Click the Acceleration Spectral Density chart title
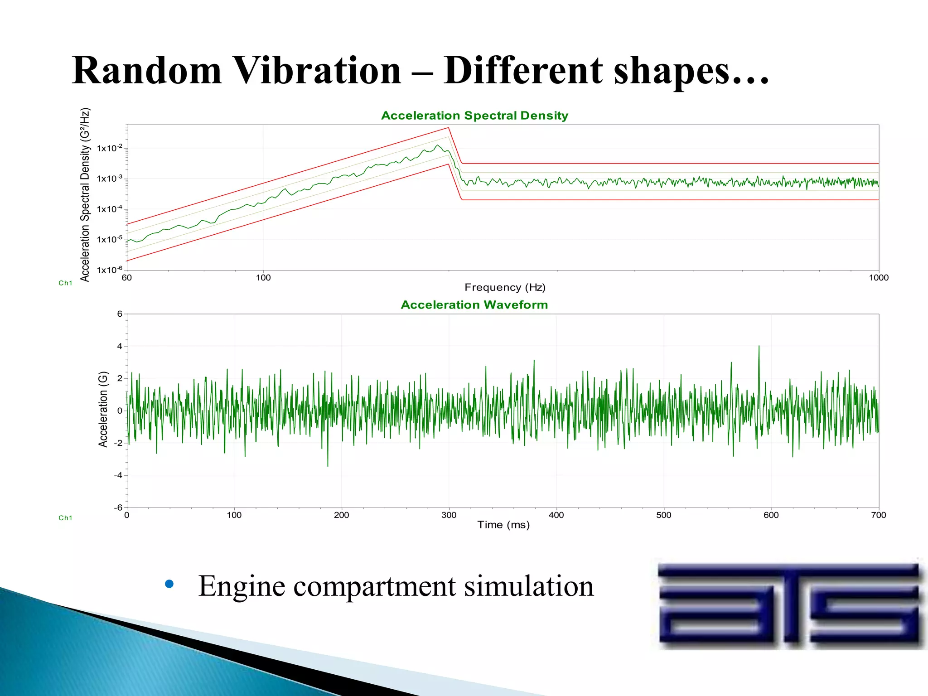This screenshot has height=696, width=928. pos(474,116)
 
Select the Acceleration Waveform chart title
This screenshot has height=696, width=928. pos(474,305)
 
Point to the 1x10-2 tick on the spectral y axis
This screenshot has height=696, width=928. pos(109,148)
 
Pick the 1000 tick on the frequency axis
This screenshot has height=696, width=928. pos(878,278)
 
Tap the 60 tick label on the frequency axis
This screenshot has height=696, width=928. pos(127,278)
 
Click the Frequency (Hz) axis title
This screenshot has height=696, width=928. pos(505,287)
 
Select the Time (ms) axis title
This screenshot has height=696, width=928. pos(503,525)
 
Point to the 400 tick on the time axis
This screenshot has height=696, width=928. pos(556,515)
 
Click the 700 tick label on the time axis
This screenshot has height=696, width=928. pos(878,515)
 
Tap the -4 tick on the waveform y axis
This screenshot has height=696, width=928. pos(119,475)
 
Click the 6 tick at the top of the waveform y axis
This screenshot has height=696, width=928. pos(120,314)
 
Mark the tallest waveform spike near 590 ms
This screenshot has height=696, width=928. pos(759,347)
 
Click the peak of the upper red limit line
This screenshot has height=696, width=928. pos(448,128)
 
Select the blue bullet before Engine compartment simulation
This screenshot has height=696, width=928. pos(169,584)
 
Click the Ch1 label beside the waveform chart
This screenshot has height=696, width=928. pos(65,518)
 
